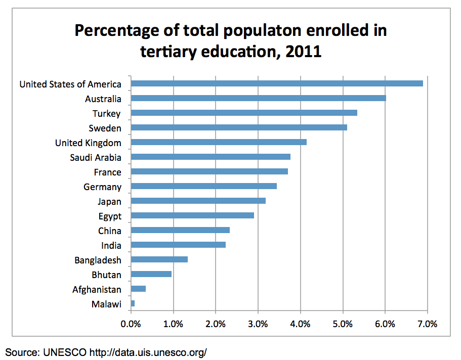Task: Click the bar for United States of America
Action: coord(277,83)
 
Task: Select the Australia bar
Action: coord(258,98)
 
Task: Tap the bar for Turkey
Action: coord(244,113)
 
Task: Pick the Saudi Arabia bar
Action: coord(211,157)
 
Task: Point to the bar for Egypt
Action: coord(192,215)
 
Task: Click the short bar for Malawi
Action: coord(133,303)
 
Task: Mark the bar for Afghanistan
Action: coord(139,289)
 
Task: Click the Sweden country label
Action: coord(105,128)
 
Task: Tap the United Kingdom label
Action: coord(88,143)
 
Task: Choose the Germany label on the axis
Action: coord(102,187)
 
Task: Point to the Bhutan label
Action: coord(106,275)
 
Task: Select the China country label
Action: coord(110,231)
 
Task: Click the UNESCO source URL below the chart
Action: coord(148,352)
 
